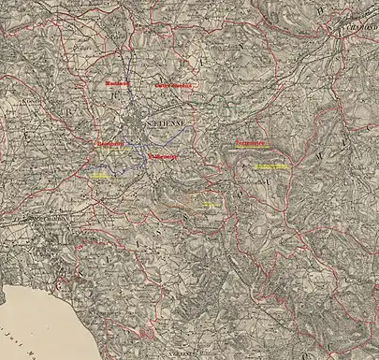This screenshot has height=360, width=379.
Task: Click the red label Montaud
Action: (x=117, y=83)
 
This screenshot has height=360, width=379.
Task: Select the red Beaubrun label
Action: (x=110, y=144)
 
